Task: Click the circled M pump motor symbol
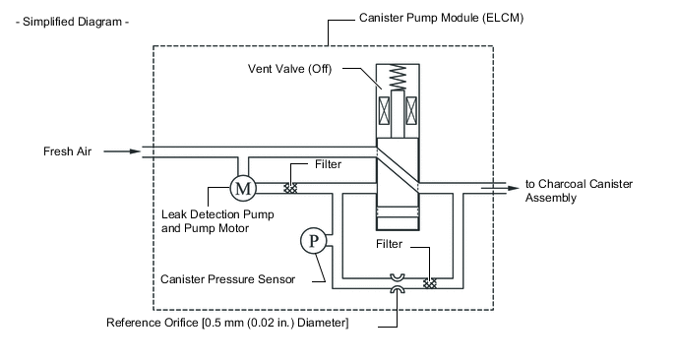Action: [243, 188]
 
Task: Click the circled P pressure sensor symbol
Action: [314, 241]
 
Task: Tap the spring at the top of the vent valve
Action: [398, 78]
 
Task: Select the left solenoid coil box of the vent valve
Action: [384, 110]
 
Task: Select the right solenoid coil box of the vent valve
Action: [411, 110]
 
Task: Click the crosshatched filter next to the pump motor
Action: [290, 188]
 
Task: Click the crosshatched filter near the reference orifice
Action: [430, 283]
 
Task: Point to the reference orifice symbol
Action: [398, 283]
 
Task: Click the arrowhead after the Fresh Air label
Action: [135, 151]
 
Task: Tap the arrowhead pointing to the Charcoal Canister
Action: [513, 188]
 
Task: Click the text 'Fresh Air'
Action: [67, 151]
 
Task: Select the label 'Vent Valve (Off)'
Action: [289, 69]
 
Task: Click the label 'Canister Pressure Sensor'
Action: [227, 279]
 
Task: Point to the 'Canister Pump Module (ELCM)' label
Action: [441, 18]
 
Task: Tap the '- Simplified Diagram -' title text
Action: [72, 22]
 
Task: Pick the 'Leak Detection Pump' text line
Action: [217, 214]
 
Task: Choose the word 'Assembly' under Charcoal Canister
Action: [551, 198]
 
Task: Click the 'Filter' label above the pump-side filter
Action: [328, 164]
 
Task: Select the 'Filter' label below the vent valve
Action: [389, 244]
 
